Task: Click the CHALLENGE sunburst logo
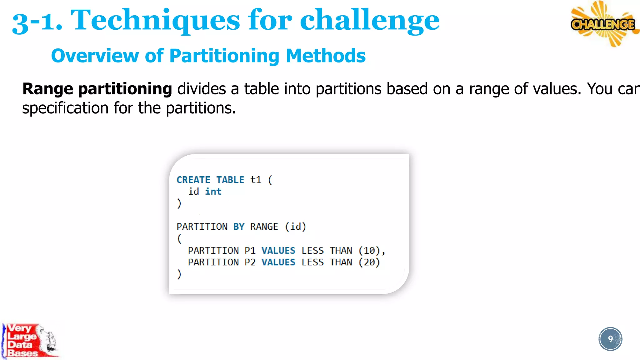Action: (603, 24)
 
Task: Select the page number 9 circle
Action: (610, 339)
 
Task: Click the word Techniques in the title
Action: (155, 20)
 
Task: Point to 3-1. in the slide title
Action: (37, 22)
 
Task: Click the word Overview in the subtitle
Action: (94, 56)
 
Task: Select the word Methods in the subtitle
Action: (325, 56)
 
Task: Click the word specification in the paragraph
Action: (65, 108)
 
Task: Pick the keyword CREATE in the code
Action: (193, 180)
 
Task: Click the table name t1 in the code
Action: (255, 180)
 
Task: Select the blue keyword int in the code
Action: (213, 192)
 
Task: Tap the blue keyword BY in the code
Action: (239, 227)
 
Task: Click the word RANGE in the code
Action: (264, 227)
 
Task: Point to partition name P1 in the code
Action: (250, 251)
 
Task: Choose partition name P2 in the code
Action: (250, 262)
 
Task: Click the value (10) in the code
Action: (369, 251)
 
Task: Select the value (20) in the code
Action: (369, 262)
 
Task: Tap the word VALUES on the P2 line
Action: (278, 262)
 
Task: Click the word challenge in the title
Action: (369, 20)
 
